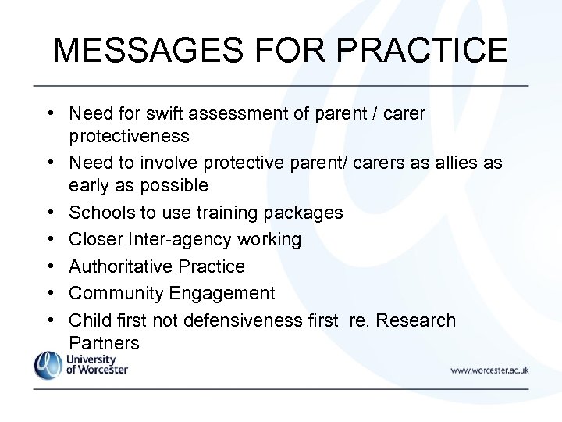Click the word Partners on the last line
tap(104, 342)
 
